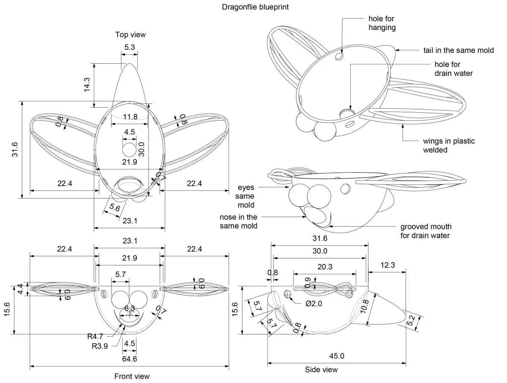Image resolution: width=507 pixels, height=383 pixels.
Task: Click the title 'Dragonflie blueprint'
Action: (x=255, y=7)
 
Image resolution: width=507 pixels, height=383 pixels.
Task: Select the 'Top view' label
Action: (x=131, y=35)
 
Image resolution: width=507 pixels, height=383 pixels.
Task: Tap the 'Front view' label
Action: (x=132, y=376)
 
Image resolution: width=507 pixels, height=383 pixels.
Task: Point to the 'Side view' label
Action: (x=321, y=369)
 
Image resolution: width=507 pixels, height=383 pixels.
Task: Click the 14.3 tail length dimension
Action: (x=87, y=85)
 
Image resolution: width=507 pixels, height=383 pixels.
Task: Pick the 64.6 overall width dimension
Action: (x=129, y=359)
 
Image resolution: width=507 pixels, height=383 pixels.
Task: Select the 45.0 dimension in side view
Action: (x=337, y=356)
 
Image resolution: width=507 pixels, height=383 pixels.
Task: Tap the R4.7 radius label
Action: (x=95, y=337)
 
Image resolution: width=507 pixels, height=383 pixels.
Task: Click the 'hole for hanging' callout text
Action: (x=382, y=23)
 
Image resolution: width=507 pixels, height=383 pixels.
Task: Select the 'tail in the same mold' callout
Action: (x=458, y=50)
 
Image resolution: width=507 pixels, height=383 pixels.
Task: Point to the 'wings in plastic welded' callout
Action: (x=449, y=145)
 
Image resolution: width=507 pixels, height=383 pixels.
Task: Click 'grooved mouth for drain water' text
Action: (x=425, y=231)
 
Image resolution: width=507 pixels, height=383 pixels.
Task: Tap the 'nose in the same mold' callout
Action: (x=238, y=221)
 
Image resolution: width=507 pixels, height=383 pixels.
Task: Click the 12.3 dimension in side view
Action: (x=387, y=265)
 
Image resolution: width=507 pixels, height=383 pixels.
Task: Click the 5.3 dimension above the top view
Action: (x=130, y=47)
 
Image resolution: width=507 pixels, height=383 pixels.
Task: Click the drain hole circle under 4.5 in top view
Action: (x=129, y=150)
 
